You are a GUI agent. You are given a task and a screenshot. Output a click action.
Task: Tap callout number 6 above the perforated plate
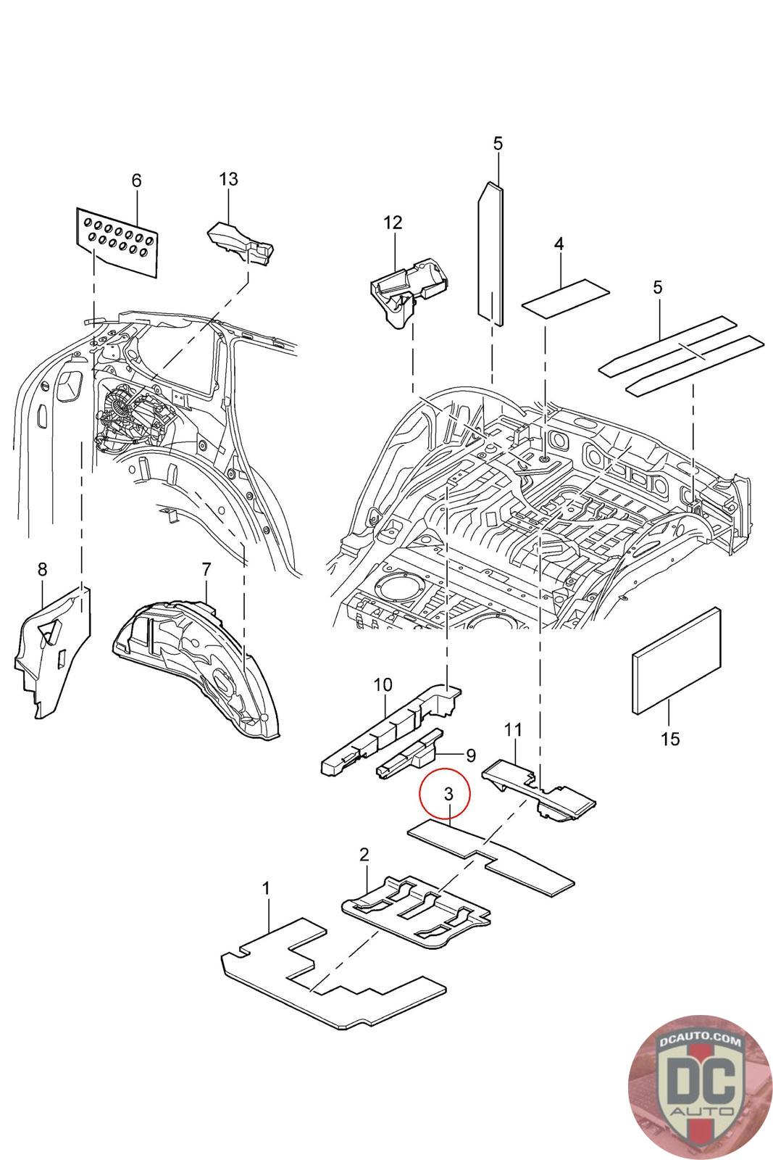(x=136, y=181)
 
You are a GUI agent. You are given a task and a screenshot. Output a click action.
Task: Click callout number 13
(x=228, y=179)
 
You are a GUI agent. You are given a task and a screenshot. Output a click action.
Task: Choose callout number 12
(x=392, y=223)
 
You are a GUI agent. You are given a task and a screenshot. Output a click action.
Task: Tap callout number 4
(x=559, y=245)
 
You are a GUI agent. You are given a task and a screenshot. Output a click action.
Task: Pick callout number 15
(x=671, y=739)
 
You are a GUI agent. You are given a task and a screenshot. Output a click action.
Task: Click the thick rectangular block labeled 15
(x=677, y=660)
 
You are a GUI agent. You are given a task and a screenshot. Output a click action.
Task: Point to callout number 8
(x=42, y=569)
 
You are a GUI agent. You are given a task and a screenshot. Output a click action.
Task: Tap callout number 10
(x=383, y=684)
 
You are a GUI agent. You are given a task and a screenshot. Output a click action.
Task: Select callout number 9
(x=470, y=755)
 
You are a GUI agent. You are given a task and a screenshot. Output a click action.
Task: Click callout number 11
(x=514, y=729)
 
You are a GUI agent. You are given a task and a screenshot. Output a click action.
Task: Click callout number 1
(x=267, y=887)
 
